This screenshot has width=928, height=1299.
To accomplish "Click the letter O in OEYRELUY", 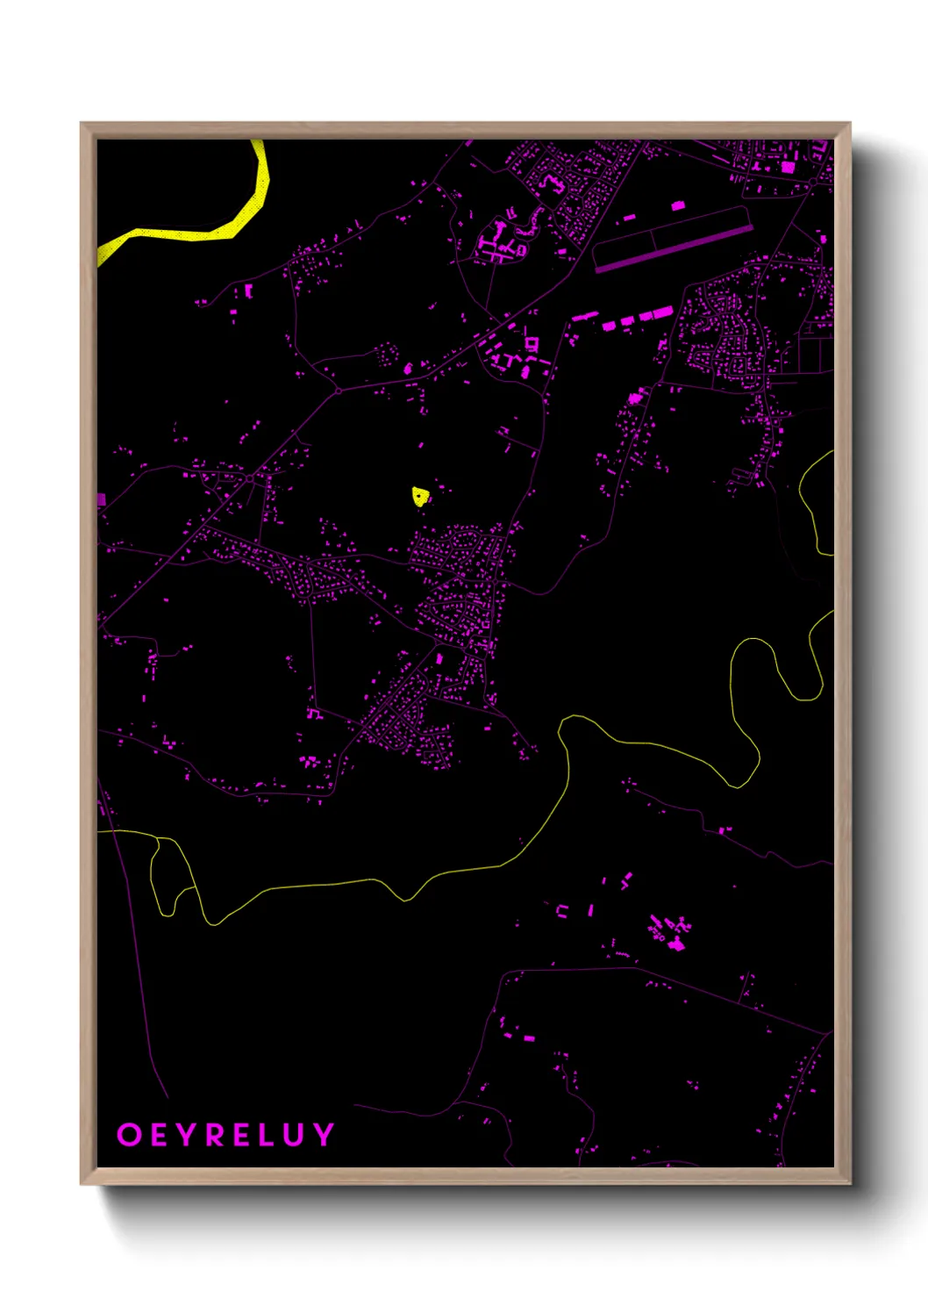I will [129, 1135].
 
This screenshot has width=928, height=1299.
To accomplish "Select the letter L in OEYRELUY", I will [268, 1135].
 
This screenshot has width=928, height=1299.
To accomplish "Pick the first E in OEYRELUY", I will [158, 1135].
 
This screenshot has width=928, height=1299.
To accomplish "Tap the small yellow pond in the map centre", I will [419, 498].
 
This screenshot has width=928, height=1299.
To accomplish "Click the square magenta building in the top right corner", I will [788, 166].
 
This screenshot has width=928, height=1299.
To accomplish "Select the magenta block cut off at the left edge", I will [101, 499].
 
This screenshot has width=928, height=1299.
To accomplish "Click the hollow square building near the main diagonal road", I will [532, 343].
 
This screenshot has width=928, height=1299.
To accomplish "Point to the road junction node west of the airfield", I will [338, 390].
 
